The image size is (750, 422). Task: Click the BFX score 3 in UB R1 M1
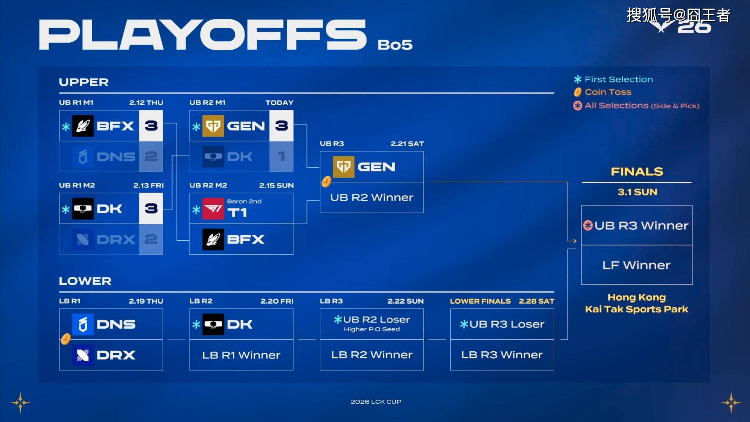click(x=151, y=126)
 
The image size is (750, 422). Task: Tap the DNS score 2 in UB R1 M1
click(x=151, y=156)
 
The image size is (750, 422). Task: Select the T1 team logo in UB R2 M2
click(x=213, y=208)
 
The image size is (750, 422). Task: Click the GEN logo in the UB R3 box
click(x=344, y=167)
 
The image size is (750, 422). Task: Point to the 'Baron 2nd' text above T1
click(x=244, y=201)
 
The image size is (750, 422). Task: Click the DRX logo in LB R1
click(x=83, y=355)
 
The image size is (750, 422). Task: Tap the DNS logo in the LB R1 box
click(x=83, y=324)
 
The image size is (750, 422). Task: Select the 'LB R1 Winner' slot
click(x=241, y=355)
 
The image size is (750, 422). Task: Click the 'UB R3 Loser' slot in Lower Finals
click(x=502, y=324)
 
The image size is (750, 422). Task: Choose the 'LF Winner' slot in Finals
click(x=637, y=265)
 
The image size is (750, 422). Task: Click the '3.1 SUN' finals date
click(x=637, y=192)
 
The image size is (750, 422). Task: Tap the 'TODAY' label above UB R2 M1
click(x=279, y=103)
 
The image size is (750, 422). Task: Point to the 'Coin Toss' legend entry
click(x=602, y=92)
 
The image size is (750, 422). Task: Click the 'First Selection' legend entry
click(x=613, y=79)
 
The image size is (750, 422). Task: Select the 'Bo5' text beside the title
click(x=395, y=45)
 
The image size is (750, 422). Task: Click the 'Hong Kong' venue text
click(x=637, y=297)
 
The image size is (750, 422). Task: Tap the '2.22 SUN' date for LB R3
click(x=405, y=301)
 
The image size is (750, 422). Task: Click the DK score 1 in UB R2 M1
click(x=281, y=156)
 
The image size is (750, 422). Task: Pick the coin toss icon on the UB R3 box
click(x=326, y=182)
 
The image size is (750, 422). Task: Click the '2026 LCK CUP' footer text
click(x=376, y=402)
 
